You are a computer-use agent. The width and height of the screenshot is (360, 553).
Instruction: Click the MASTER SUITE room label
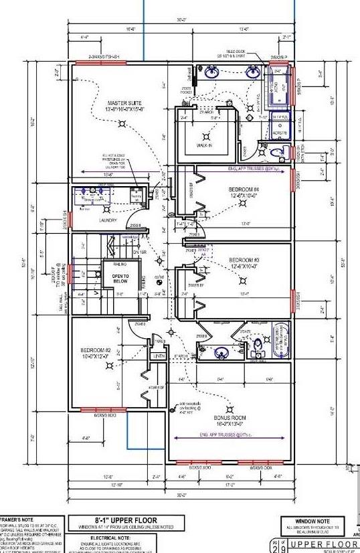[112, 102]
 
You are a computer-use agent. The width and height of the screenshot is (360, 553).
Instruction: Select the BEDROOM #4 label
[243, 190]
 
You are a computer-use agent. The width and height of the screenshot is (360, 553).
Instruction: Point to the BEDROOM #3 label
[244, 259]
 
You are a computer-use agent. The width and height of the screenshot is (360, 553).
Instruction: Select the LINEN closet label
[159, 355]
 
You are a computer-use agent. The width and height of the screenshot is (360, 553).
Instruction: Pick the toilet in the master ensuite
[280, 152]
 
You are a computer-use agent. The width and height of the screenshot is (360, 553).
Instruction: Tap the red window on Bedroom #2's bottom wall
[99, 410]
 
